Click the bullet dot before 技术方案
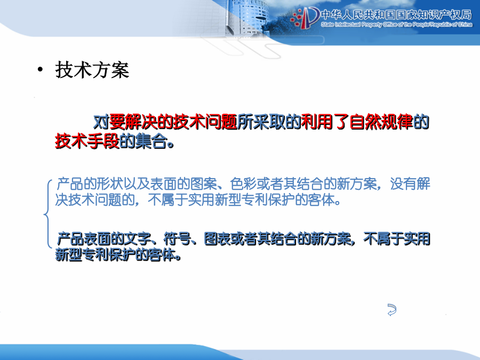(x=40, y=70)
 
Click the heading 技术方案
(x=92, y=70)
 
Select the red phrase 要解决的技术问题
(x=173, y=122)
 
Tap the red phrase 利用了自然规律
(x=357, y=122)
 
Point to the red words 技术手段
(x=87, y=141)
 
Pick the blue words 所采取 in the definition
(x=261, y=122)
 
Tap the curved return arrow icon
(x=392, y=309)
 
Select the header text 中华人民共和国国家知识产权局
(x=396, y=15)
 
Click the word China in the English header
(x=465, y=25)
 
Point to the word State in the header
(x=327, y=25)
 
